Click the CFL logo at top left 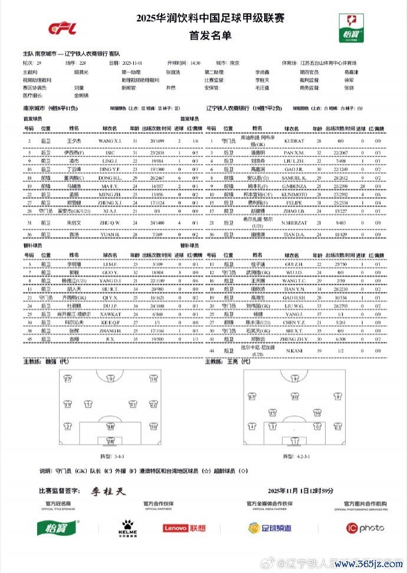coord(60,27)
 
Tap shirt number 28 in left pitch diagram coord(110,440)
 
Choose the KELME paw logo coord(128,527)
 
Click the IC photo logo coord(364,528)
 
